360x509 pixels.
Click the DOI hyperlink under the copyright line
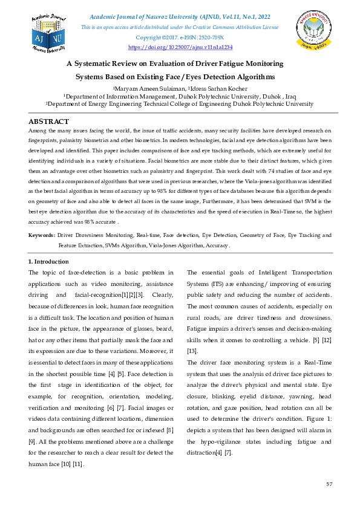180,47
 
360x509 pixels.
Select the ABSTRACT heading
48,122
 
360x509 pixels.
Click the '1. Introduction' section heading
49,261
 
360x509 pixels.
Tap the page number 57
329,485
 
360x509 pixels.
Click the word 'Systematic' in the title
102,63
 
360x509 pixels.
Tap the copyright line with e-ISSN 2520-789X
180,37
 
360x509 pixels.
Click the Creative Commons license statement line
180,28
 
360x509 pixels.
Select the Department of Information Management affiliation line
180,96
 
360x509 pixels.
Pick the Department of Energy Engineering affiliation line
180,103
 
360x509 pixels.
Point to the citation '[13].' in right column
192,351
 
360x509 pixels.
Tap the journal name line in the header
180,18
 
